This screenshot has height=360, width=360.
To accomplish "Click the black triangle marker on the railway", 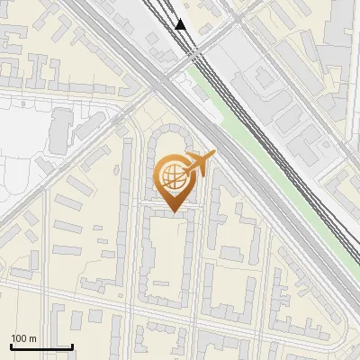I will point(182,24).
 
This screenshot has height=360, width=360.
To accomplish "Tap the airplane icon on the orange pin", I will point(199,165).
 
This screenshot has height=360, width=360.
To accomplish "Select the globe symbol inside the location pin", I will point(173,175).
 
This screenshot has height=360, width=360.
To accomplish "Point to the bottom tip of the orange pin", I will point(174,211).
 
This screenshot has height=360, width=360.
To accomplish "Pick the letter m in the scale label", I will point(33,338).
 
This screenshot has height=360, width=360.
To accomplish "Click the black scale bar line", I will point(40,346).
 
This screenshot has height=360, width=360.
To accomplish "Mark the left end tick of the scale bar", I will point(10,344).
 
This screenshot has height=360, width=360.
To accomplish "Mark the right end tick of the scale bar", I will point(71,344).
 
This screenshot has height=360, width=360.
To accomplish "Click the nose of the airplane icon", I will point(213,156).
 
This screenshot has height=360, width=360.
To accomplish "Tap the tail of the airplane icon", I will point(185,171).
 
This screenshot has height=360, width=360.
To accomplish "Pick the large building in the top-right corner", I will point(337,36).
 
